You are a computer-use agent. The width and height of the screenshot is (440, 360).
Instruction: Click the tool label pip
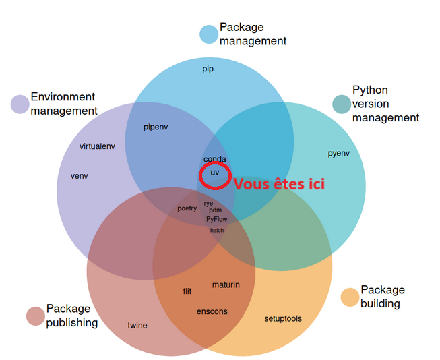(x=208, y=69)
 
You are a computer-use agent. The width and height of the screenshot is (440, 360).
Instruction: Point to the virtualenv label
(x=97, y=146)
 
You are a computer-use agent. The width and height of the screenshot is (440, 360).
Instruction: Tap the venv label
(x=80, y=176)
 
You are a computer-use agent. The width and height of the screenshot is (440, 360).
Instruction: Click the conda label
(x=214, y=160)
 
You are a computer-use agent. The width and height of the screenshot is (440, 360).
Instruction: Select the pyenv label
(x=338, y=153)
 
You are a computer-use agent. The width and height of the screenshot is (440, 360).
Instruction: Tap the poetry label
(x=187, y=208)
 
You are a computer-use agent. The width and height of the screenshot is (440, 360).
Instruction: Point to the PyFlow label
(x=217, y=219)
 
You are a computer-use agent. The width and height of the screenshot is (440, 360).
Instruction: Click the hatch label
(x=217, y=230)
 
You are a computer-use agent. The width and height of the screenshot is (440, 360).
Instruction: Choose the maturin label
(x=226, y=284)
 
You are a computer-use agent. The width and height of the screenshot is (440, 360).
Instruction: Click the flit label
(x=187, y=291)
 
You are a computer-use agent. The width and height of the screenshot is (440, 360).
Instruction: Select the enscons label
(x=212, y=311)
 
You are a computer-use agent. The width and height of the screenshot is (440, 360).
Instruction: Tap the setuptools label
(x=283, y=318)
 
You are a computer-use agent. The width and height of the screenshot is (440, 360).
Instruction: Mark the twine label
(x=137, y=326)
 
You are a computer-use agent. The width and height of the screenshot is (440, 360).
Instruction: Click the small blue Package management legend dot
(x=209, y=34)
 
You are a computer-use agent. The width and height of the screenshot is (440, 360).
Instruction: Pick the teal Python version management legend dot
(x=342, y=104)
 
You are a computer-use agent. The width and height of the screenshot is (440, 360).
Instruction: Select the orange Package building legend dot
(x=350, y=297)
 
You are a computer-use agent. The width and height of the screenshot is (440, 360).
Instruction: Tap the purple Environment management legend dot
(x=20, y=104)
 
